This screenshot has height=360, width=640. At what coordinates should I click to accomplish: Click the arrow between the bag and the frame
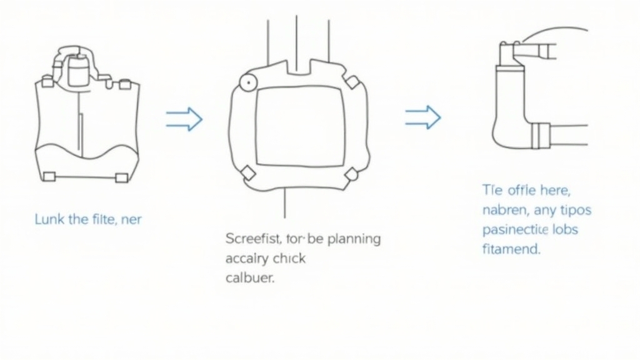[184, 119]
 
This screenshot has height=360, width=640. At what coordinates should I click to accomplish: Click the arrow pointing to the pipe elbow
[423, 117]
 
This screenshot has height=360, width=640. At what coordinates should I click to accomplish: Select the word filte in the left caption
[104, 219]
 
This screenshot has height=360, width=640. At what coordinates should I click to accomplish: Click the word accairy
[246, 258]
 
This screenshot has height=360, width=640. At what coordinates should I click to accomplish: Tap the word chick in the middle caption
[289, 258]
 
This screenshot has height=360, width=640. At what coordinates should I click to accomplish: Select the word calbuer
[249, 278]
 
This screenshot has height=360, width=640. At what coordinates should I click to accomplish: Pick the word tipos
[574, 209]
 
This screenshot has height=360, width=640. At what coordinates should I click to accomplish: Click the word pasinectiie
[516, 229]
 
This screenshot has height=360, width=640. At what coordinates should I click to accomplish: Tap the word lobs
[565, 229]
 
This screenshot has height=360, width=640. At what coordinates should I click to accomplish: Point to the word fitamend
[511, 249]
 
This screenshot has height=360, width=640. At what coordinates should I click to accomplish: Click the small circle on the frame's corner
[245, 82]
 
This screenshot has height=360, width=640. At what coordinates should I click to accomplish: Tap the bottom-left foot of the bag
[49, 177]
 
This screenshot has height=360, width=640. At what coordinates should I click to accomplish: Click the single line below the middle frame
[285, 202]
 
